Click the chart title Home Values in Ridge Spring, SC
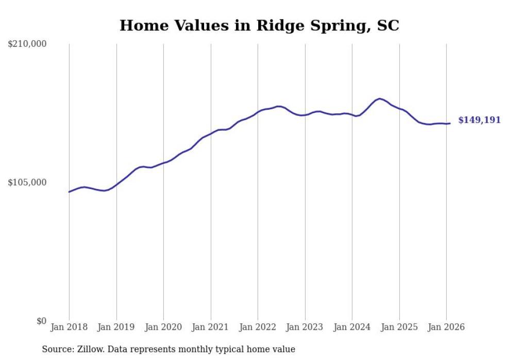[259, 25]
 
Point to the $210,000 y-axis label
[27, 44]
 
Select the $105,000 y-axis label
[27, 182]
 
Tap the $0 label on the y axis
[41, 321]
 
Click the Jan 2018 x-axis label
[69, 327]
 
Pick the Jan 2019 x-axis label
[116, 327]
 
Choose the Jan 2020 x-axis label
[163, 327]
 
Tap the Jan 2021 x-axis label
[211, 327]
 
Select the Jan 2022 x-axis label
[258, 327]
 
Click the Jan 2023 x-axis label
[305, 327]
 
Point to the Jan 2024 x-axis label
[352, 327]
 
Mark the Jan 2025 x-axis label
[399, 327]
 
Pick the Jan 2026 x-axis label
[446, 327]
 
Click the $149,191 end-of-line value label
[479, 120]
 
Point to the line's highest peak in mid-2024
[380, 98]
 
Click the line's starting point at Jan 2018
[69, 192]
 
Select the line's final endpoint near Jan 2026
[450, 123]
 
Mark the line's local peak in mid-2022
[279, 106]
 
